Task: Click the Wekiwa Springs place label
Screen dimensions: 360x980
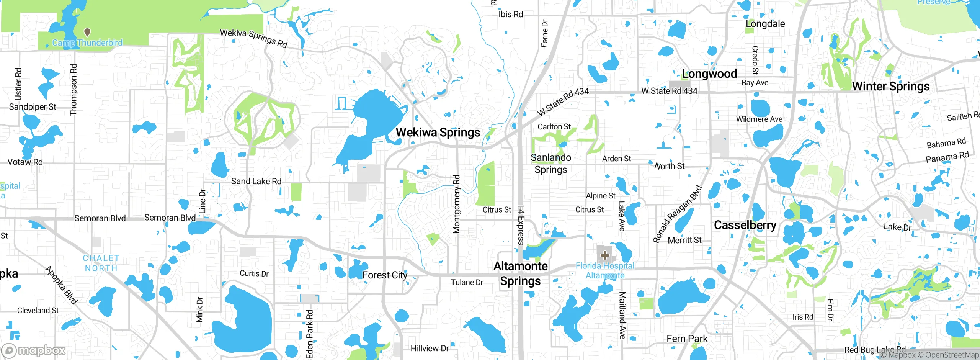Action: coord(438,133)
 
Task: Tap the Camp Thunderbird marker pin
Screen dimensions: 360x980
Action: coord(87,32)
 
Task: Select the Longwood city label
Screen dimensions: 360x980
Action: coord(709,74)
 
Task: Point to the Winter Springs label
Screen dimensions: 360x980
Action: coord(890,87)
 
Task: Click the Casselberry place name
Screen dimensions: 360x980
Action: coord(745,225)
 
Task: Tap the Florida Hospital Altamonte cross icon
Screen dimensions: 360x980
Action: coord(605,255)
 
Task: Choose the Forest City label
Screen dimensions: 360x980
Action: coord(385,275)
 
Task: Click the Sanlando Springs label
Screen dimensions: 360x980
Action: coord(551,164)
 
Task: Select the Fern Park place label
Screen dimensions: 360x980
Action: coord(687,339)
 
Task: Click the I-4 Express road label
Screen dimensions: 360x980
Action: coord(521,225)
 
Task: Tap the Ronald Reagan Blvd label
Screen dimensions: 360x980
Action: coord(677,214)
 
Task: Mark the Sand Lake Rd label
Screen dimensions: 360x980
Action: coord(256,181)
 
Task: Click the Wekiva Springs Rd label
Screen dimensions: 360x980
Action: coord(253,38)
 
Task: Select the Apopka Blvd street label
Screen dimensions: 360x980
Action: coord(62,285)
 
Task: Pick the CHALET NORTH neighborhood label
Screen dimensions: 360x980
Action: coord(101,263)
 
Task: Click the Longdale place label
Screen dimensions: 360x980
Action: coord(765,24)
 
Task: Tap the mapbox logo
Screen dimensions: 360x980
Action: coord(34,350)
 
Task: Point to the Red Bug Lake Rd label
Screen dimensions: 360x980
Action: coord(875,349)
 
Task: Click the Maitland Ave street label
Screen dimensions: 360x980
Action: coord(622,315)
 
